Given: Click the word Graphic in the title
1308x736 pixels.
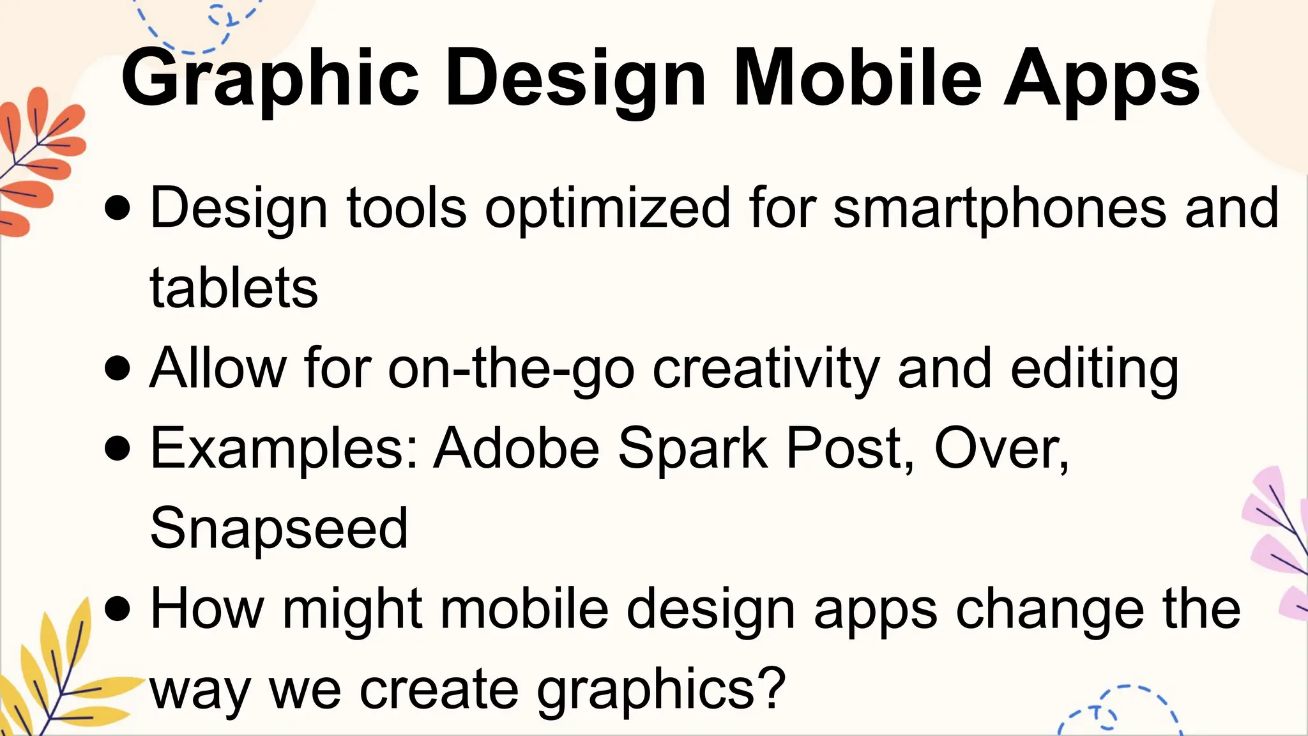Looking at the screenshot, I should point(270,80).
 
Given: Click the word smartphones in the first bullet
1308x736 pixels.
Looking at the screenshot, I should point(1000,208).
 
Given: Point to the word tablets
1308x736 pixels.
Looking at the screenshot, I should point(234,288).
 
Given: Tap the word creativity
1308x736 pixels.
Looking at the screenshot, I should point(766,369).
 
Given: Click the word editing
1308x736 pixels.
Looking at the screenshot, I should point(1094,369).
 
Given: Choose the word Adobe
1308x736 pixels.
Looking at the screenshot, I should point(517,448).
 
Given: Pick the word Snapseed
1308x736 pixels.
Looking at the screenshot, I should point(279,528).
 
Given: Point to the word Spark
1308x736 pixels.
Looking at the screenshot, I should point(692,448).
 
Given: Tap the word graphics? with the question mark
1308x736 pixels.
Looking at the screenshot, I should point(661,690).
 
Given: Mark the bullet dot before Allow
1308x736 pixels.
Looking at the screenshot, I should point(118,369).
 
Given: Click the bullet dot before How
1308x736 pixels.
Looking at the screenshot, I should point(118,609).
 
